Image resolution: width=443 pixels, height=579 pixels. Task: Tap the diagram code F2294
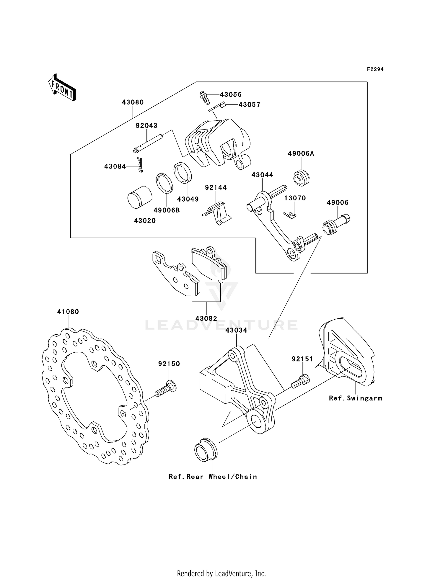pyautogui.click(x=375, y=69)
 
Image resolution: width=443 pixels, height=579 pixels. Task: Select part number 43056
pyautogui.click(x=231, y=95)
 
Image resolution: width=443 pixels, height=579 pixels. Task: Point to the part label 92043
pyautogui.click(x=146, y=126)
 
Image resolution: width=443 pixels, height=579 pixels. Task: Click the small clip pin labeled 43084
pyautogui.click(x=140, y=165)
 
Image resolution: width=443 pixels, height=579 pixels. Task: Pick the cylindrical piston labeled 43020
pyautogui.click(x=140, y=197)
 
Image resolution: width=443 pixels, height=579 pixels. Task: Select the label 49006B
pyautogui.click(x=167, y=210)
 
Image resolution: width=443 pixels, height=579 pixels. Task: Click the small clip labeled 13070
pyautogui.click(x=290, y=215)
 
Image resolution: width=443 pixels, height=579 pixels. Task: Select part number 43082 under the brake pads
pyautogui.click(x=206, y=319)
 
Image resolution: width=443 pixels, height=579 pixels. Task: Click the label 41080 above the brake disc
pyautogui.click(x=68, y=312)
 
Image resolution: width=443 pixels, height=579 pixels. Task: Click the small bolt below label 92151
pyautogui.click(x=300, y=381)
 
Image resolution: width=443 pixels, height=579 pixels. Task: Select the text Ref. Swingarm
pyautogui.click(x=356, y=398)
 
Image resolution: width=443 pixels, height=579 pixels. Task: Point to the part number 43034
pyautogui.click(x=236, y=331)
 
